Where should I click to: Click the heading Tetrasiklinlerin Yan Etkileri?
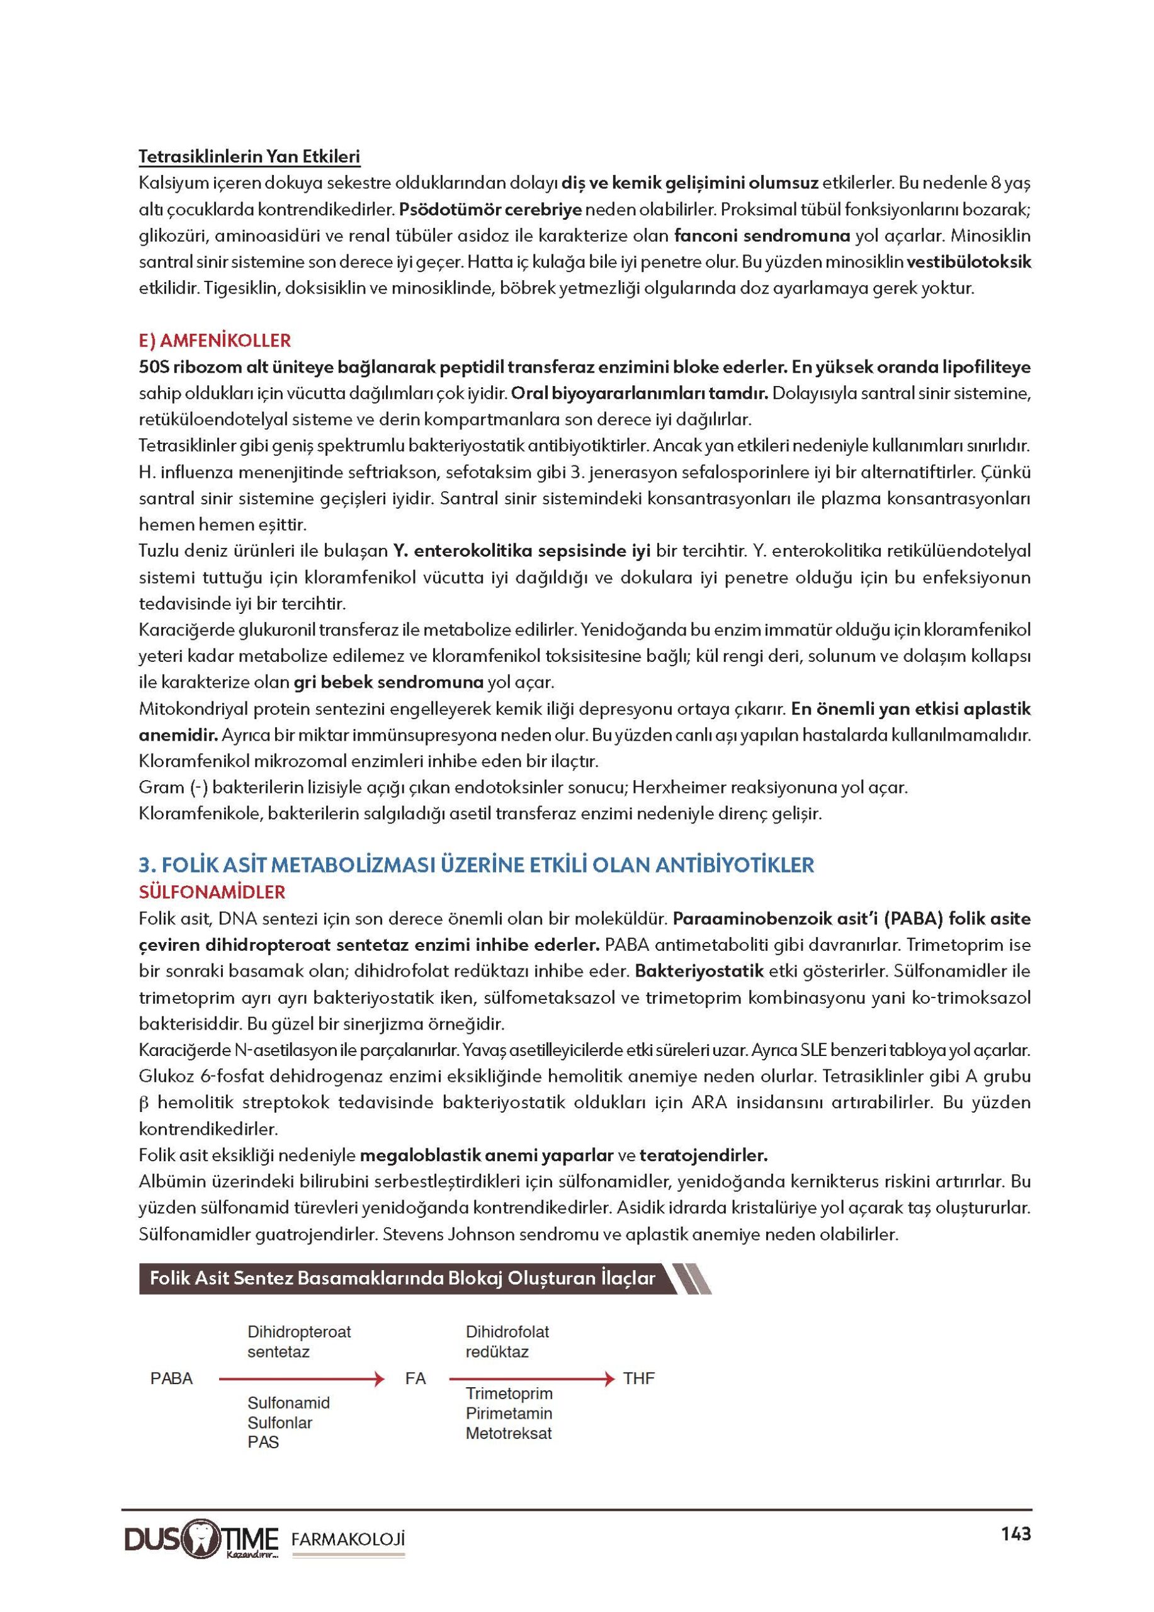pyautogui.click(x=249, y=156)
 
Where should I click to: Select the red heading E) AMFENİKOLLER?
pyautogui.click(x=215, y=341)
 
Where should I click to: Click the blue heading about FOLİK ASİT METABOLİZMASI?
pyautogui.click(x=476, y=865)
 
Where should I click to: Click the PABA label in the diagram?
pyautogui.click(x=171, y=1378)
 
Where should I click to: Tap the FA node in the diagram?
pyautogui.click(x=415, y=1378)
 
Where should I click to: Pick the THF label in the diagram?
pyautogui.click(x=638, y=1378)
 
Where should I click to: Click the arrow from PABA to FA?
pyautogui.click(x=302, y=1379)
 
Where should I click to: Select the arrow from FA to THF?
pyautogui.click(x=531, y=1379)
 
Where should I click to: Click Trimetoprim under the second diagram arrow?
pyautogui.click(x=509, y=1393)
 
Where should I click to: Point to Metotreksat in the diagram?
pyautogui.click(x=509, y=1433)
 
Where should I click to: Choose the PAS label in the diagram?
pyautogui.click(x=263, y=1442)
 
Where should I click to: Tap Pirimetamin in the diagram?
pyautogui.click(x=509, y=1413)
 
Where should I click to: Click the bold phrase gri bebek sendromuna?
pyautogui.click(x=388, y=683)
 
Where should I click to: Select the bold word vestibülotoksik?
pyautogui.click(x=968, y=261)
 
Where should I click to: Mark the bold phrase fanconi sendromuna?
pyautogui.click(x=762, y=236)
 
